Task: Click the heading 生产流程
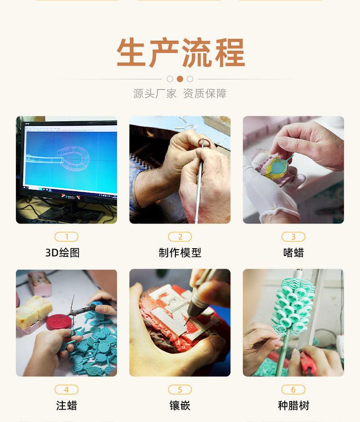[180, 53]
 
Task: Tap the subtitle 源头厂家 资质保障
[180, 94]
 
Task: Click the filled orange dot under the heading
[180, 78]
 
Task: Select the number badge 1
[67, 237]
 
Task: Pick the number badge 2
[180, 237]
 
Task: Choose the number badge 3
[293, 237]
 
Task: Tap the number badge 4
[67, 390]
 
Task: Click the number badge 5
[180, 390]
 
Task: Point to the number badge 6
[293, 390]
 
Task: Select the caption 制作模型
[180, 253]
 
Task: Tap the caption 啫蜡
[293, 253]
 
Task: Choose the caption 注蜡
[67, 405]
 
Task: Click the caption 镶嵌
[180, 405]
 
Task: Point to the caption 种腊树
[293, 405]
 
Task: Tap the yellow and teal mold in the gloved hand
[279, 167]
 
